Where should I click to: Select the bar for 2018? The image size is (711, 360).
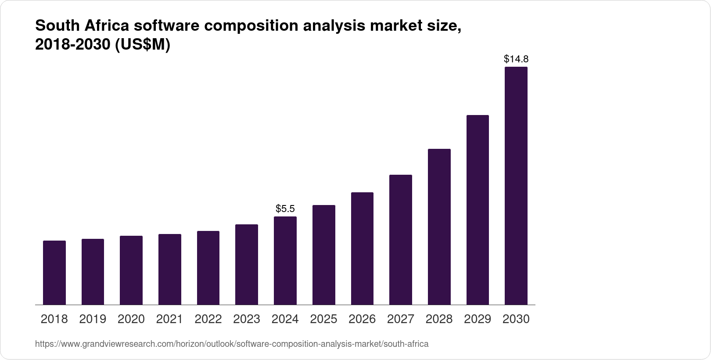tap(54, 273)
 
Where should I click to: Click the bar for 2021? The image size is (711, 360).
tap(170, 269)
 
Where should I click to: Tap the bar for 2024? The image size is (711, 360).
tap(285, 260)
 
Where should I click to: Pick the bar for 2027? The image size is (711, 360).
tap(400, 240)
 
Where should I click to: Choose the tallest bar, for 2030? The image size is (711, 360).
tap(516, 186)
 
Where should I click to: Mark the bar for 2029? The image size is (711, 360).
tap(478, 210)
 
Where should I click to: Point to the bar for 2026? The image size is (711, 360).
tap(362, 248)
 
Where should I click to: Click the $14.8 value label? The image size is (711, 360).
tap(516, 59)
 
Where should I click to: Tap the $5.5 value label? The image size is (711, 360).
tap(285, 209)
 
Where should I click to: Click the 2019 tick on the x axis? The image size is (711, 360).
tap(93, 319)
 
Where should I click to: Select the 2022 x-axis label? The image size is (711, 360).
tap(208, 319)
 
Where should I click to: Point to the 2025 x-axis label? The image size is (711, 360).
tap(323, 319)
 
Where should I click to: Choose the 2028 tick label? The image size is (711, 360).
tap(439, 319)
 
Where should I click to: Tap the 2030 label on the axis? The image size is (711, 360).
tap(516, 319)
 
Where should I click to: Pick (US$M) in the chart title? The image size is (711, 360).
tap(142, 45)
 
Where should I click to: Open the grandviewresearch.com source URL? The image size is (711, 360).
tap(232, 344)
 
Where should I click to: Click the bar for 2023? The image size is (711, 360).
tap(247, 264)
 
